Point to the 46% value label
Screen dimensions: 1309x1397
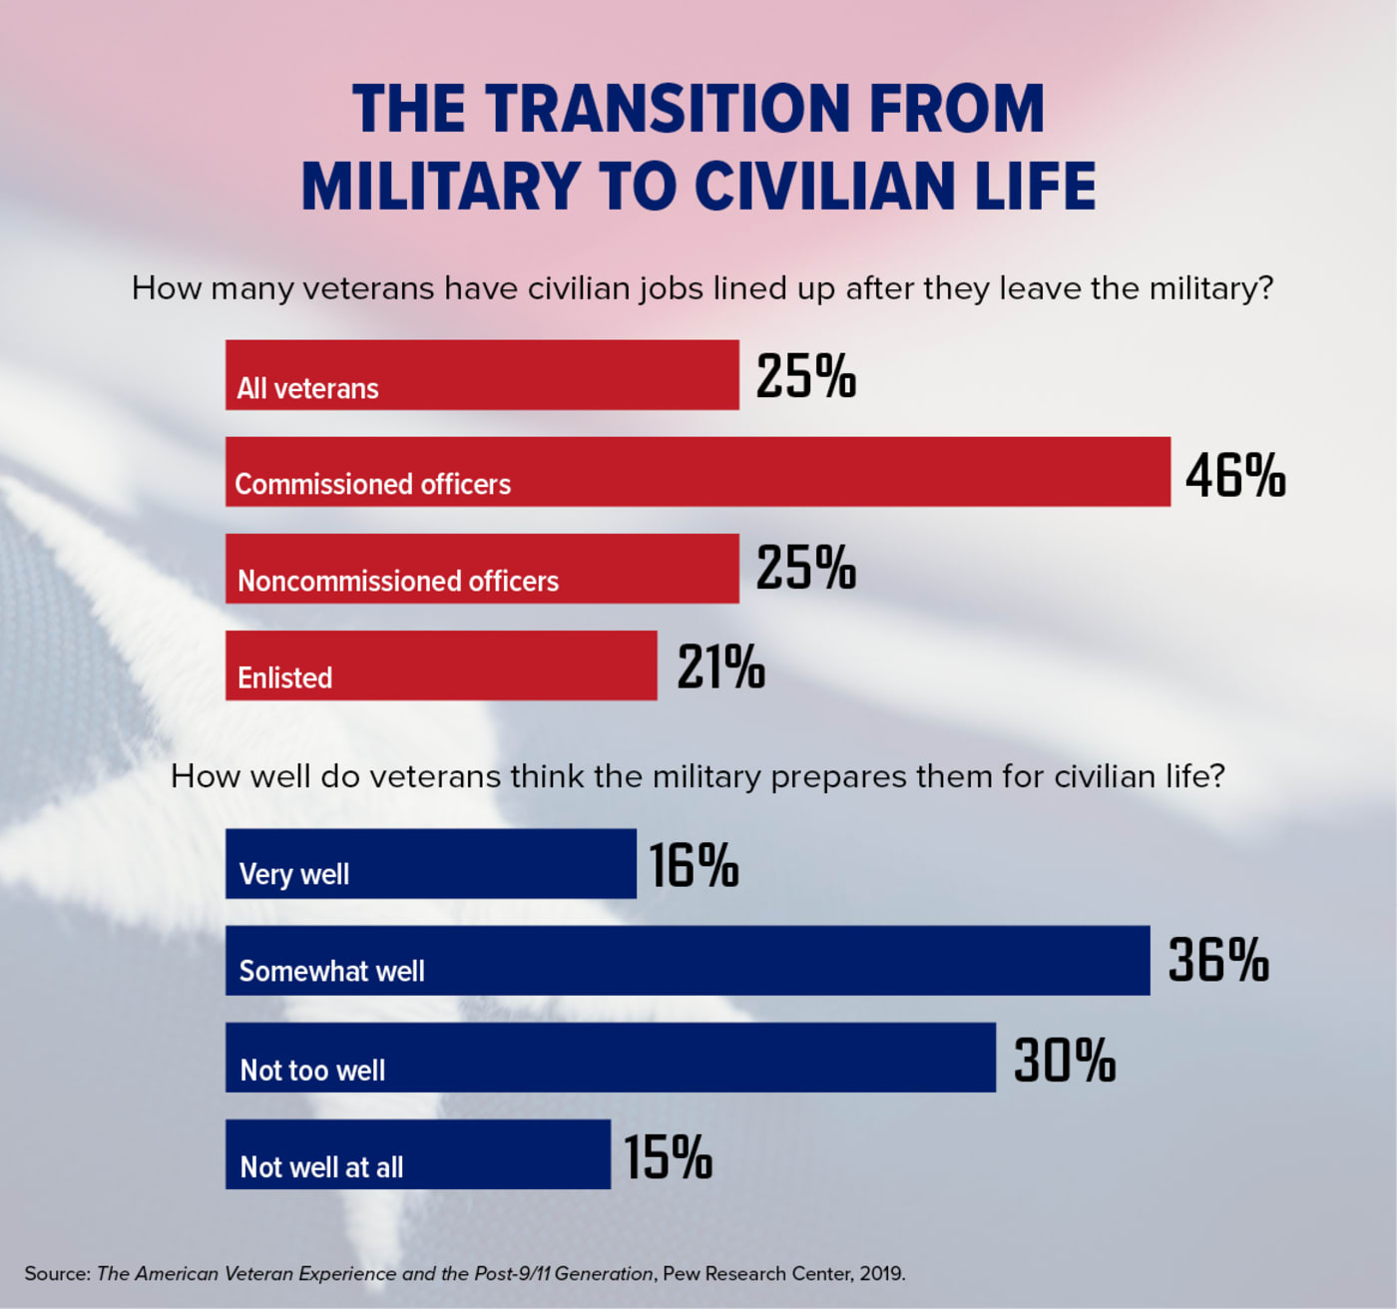[x=1235, y=474]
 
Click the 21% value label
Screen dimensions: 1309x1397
[x=720, y=666]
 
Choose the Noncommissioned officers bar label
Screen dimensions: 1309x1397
[x=398, y=581]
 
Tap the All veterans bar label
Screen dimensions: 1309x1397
[x=307, y=388]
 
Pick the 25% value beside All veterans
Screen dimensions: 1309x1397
[x=805, y=376]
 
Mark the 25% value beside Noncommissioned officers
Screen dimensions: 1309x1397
[x=805, y=569]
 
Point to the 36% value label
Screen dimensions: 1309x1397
[x=1217, y=960]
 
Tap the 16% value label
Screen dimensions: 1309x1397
[x=694, y=864]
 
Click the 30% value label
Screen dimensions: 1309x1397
[x=1064, y=1059]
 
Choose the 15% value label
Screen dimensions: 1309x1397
[x=668, y=1156]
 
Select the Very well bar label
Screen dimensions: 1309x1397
[x=294, y=874]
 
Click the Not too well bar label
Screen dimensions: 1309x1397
[x=312, y=1070]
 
